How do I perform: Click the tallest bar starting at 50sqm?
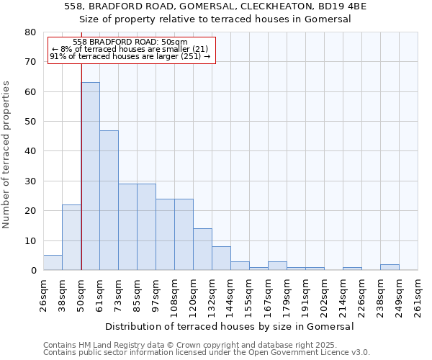point(90,176)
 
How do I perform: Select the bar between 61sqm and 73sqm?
point(109,200)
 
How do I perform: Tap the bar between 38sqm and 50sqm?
point(71,238)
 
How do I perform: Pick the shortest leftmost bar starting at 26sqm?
point(53,263)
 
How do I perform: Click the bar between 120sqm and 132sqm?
point(202,249)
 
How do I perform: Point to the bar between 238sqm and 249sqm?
point(390,267)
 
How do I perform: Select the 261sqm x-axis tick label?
point(418,295)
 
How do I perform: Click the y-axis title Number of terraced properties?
point(7,154)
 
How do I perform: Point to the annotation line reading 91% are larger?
point(130,56)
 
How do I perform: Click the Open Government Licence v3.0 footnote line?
point(207,353)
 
